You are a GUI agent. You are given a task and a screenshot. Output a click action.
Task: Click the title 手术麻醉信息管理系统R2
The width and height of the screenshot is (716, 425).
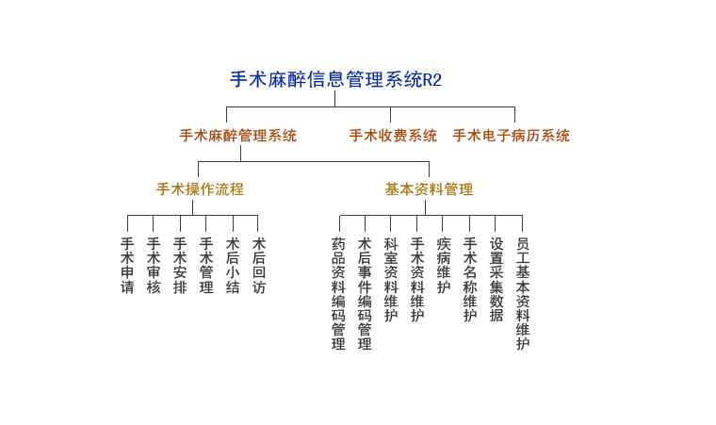pyautogui.click(x=335, y=79)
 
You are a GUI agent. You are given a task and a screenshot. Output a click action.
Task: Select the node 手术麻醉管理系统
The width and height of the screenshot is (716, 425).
pyautogui.click(x=238, y=136)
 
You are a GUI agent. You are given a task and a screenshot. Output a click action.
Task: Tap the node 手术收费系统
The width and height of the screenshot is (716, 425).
pyautogui.click(x=393, y=136)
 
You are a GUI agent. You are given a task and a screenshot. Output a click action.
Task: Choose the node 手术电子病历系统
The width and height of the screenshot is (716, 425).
pyautogui.click(x=511, y=136)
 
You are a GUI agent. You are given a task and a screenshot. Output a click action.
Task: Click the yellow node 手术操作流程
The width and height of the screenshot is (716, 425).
pyautogui.click(x=200, y=188)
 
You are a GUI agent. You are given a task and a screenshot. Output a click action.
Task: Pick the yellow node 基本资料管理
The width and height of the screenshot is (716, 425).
pyautogui.click(x=429, y=188)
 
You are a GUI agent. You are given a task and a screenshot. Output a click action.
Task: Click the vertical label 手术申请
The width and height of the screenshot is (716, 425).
pyautogui.click(x=127, y=266)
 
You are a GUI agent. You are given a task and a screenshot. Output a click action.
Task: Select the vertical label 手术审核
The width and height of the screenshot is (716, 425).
pyautogui.click(x=154, y=266)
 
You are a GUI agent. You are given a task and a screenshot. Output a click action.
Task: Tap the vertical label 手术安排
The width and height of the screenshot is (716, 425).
pyautogui.click(x=180, y=266)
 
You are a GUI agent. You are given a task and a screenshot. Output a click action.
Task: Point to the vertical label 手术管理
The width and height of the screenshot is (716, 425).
pyautogui.click(x=206, y=266)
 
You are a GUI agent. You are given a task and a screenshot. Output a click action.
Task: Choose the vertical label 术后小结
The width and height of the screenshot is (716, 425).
pyautogui.click(x=233, y=266)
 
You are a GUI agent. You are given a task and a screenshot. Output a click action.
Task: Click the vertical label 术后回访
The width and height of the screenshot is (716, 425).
pyautogui.click(x=259, y=266)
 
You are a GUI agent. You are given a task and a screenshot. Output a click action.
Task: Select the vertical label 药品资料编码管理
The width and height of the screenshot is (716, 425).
pyautogui.click(x=338, y=293)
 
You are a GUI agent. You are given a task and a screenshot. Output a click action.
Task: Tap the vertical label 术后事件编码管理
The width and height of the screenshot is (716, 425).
pyautogui.click(x=365, y=293)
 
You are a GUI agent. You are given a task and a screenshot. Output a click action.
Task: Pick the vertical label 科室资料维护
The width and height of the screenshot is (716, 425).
pyautogui.click(x=391, y=280)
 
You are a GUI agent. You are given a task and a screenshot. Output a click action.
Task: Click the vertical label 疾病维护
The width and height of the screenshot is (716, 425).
pyautogui.click(x=444, y=266)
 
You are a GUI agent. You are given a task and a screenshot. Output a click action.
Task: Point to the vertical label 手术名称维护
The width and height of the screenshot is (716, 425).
pyautogui.click(x=470, y=280)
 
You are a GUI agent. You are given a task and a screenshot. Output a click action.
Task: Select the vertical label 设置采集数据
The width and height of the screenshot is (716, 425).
pyautogui.click(x=496, y=280)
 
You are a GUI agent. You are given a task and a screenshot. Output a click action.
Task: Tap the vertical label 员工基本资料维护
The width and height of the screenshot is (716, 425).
pyautogui.click(x=523, y=293)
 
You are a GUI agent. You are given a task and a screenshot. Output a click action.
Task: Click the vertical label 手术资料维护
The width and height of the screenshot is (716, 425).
pyautogui.click(x=417, y=280)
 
